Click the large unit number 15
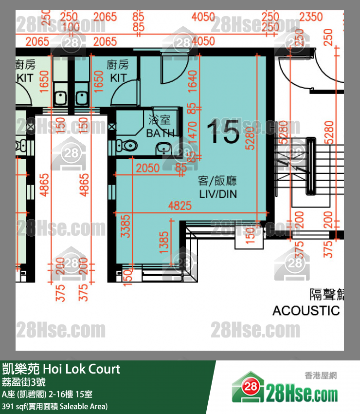click(223, 132)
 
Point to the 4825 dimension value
click(180, 206)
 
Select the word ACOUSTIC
click(306, 310)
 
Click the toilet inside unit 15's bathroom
click(129, 145)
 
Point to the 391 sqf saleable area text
click(54, 406)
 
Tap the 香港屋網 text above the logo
click(321, 376)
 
